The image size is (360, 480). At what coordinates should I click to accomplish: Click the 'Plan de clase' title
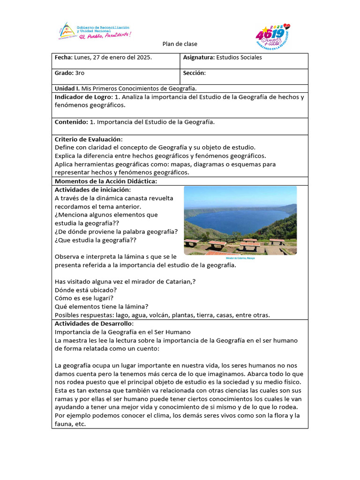point(180,44)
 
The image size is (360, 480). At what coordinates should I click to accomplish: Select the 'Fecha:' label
point(63,57)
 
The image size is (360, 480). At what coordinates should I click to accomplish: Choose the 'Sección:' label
point(195,73)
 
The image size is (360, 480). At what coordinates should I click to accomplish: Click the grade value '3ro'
point(79,73)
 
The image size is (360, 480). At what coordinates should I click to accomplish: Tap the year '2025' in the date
point(142,57)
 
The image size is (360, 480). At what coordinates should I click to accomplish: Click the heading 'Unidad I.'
point(67,88)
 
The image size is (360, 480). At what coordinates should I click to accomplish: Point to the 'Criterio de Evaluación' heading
point(88,139)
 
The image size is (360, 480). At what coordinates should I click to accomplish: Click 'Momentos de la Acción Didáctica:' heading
point(105,181)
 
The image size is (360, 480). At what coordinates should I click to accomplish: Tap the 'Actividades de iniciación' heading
point(92,189)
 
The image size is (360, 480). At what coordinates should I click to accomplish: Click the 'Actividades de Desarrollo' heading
point(94,323)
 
